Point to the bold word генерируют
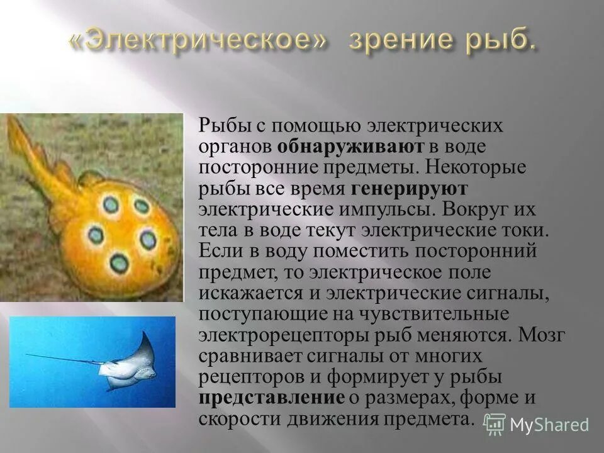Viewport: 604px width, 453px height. click(409, 188)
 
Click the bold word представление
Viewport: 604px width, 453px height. click(272, 398)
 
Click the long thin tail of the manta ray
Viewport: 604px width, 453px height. click(63, 359)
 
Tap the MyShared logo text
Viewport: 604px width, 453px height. click(549, 425)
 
